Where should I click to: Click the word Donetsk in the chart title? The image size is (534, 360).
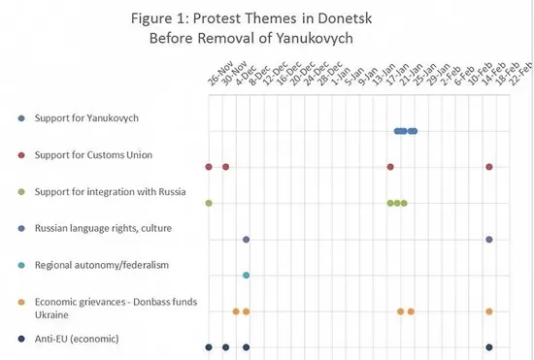pos(345,18)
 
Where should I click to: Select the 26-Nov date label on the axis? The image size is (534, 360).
pos(220,73)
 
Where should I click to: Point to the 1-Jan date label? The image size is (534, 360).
pos(341,76)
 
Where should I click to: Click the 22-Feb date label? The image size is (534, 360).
pos(520,74)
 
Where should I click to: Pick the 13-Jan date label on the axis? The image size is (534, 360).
pos(384,74)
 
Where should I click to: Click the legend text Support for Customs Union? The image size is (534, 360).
pos(93,155)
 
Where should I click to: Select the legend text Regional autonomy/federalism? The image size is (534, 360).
pos(102,265)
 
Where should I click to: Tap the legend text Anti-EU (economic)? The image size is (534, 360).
pos(77,339)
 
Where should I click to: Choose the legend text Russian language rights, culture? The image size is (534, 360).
pos(103,228)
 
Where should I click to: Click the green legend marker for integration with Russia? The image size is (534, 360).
pos(21,192)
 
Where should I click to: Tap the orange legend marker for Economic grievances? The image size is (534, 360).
pos(21,302)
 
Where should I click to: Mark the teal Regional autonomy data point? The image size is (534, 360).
pos(247,275)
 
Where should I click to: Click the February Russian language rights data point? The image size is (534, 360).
pos(489,240)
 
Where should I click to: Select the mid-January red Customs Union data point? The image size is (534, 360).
pos(390,167)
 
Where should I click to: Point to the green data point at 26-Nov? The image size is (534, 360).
pos(209,203)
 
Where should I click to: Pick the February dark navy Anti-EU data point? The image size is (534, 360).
pos(489,347)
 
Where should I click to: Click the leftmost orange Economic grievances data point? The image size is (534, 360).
pos(236,311)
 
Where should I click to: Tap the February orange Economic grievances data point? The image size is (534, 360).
pos(489,311)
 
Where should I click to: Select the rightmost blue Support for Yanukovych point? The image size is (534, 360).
pos(415,131)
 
